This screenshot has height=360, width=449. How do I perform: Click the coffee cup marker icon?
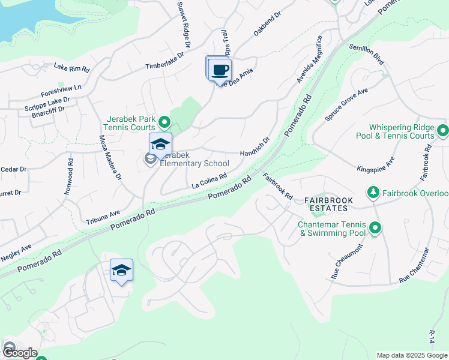(x=220, y=70)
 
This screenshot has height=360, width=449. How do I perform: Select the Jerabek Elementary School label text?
(x=194, y=163)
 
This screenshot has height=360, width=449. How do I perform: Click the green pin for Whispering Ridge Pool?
(x=443, y=130)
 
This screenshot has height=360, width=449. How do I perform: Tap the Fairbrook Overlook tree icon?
(x=373, y=193)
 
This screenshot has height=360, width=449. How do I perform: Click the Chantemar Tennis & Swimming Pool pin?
(x=375, y=228)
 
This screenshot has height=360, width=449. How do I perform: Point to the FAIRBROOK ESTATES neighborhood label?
(x=325, y=203)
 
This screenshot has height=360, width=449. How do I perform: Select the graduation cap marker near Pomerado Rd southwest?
(x=121, y=271)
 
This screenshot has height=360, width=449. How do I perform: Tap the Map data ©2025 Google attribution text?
(x=411, y=355)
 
